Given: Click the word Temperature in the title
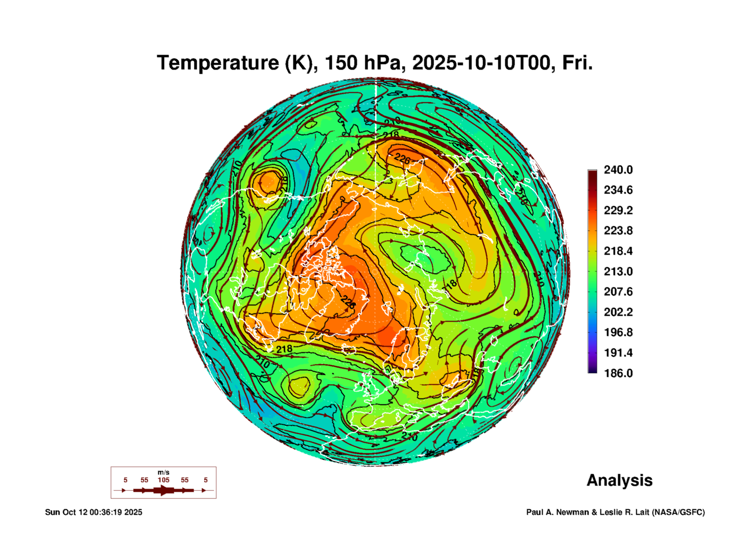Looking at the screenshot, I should click(x=218, y=63).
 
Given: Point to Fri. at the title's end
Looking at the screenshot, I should click(x=577, y=63).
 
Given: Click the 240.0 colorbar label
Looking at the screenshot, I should click(x=618, y=170).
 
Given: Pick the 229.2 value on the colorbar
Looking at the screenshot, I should click(x=618, y=210).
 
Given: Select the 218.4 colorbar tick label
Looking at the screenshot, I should click(x=618, y=251).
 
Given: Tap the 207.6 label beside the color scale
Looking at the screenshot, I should click(x=618, y=292).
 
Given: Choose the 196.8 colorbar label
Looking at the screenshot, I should click(x=618, y=332).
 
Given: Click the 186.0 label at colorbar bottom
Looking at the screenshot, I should click(x=618, y=373).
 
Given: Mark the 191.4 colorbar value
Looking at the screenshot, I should click(x=618, y=353).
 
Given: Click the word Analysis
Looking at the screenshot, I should click(x=619, y=481).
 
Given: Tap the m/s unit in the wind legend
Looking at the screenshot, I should click(x=164, y=473).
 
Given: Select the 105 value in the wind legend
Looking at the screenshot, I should click(x=164, y=480).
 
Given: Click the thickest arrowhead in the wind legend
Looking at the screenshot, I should click(x=164, y=491).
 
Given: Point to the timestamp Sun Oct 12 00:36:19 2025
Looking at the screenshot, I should click(x=93, y=512).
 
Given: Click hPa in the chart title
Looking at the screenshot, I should click(x=382, y=63).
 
